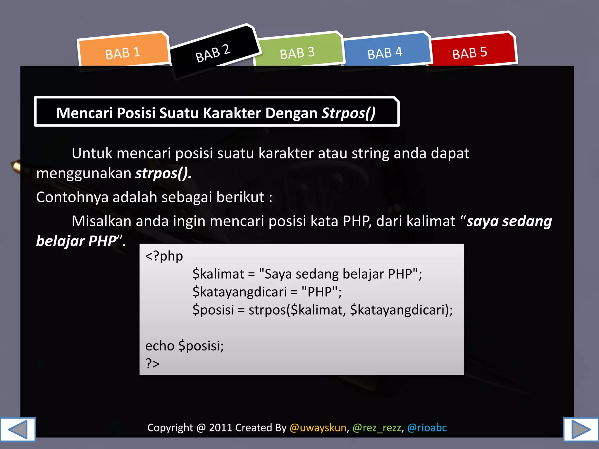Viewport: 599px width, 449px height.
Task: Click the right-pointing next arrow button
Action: [x=581, y=429]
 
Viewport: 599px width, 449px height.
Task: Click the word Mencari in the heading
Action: [x=84, y=113]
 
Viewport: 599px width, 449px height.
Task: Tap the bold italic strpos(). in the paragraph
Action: [x=163, y=173]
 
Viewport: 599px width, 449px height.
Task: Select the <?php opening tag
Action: [x=164, y=256]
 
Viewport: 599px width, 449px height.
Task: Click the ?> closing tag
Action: [x=152, y=364]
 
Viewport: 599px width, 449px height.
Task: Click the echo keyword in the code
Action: [x=160, y=346]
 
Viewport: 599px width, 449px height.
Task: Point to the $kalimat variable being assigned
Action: [x=218, y=274]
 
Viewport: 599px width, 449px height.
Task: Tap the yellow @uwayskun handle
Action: [x=318, y=428]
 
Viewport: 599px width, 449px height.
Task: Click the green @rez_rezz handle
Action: [x=377, y=428]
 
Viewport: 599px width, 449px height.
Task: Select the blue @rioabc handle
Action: [x=427, y=428]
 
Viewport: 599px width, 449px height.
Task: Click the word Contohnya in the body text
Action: [x=72, y=197]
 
